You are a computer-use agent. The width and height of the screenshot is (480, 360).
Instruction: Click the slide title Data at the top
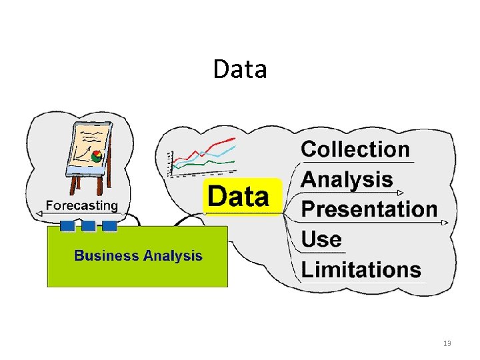click(240, 69)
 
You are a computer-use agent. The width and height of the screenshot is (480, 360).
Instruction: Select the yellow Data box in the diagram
click(242, 197)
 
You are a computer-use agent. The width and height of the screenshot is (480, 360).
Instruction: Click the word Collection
click(355, 149)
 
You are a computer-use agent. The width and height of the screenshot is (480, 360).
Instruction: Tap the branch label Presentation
click(369, 209)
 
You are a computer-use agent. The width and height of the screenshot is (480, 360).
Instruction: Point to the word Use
click(321, 239)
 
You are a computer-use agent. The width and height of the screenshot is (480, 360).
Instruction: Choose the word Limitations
click(361, 269)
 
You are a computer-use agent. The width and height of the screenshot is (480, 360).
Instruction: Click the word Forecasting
click(81, 205)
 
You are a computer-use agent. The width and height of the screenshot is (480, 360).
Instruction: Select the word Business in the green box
click(106, 255)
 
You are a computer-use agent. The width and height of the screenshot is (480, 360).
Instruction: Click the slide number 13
click(447, 343)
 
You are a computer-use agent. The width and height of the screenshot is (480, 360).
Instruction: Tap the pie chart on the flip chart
click(97, 157)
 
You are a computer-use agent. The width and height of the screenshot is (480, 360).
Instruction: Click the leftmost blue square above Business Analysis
click(67, 226)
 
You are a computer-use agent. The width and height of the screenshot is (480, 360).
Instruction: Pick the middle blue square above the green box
click(88, 226)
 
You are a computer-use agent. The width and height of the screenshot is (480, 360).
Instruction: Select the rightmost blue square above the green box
click(109, 226)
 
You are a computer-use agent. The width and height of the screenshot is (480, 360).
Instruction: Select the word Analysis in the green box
click(171, 255)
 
